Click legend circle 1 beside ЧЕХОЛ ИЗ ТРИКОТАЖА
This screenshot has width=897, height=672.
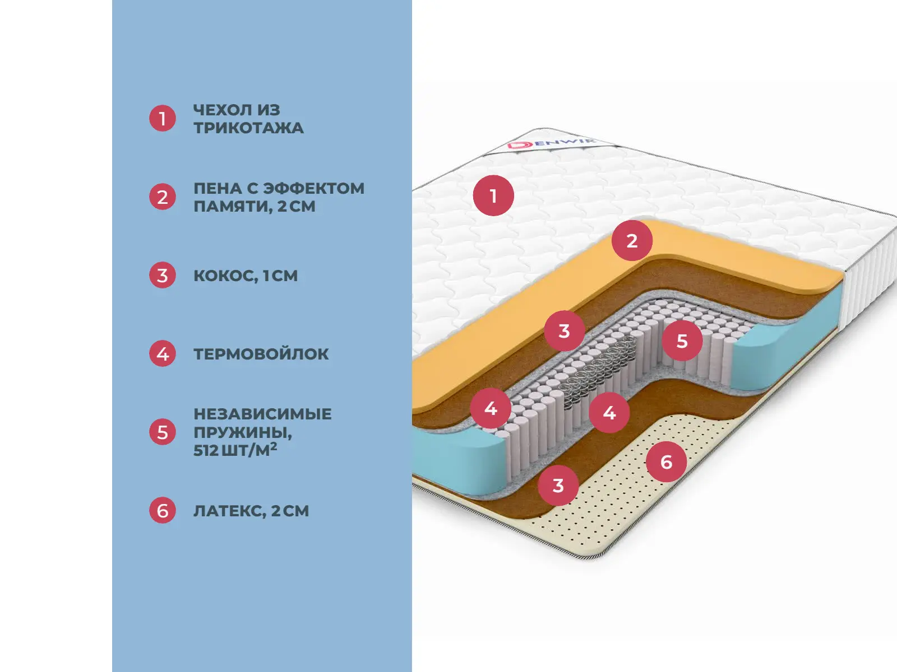[163, 119]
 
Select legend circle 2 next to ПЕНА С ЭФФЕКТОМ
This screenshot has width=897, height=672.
[163, 197]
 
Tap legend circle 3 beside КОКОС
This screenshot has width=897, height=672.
[163, 276]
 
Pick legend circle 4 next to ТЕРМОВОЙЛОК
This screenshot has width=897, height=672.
[163, 354]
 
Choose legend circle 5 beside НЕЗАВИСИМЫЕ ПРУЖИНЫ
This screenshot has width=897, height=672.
[163, 432]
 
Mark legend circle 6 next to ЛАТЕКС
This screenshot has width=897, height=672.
[163, 511]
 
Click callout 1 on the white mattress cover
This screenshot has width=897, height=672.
[493, 196]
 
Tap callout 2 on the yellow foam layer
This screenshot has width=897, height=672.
[632, 240]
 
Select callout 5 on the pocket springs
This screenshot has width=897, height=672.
[682, 340]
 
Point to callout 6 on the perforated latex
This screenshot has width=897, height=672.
[666, 462]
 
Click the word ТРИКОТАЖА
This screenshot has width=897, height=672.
[248, 128]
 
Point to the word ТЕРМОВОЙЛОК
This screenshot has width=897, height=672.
[261, 354]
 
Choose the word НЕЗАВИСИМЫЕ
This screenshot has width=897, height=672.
[262, 414]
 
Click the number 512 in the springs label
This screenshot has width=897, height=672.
[206, 450]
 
